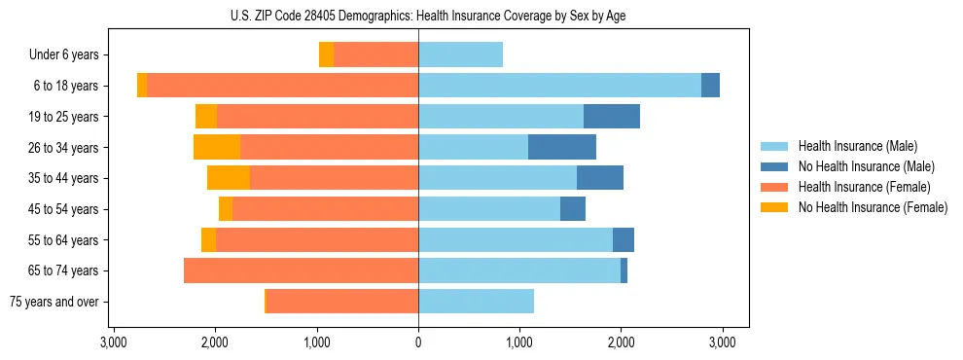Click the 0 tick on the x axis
point(418,342)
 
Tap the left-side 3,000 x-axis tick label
point(114,342)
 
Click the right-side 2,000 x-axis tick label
point(621,342)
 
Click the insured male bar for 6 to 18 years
point(559,86)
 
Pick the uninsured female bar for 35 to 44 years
point(229,178)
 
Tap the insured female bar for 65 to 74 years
point(301,270)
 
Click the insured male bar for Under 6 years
point(460,54)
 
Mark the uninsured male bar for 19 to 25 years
point(612,117)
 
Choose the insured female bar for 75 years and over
point(342,302)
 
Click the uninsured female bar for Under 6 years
point(326,54)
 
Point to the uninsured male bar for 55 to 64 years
point(624,239)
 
